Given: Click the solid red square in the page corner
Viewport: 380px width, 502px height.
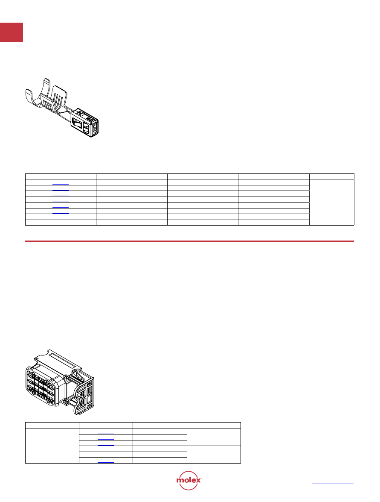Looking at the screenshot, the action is (x=12, y=32).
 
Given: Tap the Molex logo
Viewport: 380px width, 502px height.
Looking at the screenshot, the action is (x=189, y=480).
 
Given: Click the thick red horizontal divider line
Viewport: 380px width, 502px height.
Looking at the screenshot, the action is (x=189, y=241).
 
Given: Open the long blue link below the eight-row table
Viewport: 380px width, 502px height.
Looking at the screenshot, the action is (x=309, y=233).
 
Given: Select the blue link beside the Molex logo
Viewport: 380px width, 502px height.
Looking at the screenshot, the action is (x=333, y=483).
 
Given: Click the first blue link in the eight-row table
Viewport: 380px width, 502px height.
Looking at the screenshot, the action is (x=61, y=184).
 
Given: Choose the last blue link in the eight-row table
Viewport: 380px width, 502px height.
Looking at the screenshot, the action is (x=61, y=224).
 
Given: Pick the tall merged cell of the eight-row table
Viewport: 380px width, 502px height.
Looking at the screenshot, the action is (x=332, y=202).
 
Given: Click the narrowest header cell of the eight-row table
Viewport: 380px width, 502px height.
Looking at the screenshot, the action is (x=332, y=176).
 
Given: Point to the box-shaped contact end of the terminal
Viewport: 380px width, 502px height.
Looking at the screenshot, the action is (x=85, y=123).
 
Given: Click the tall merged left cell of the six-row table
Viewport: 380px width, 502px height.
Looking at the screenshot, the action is (x=52, y=446).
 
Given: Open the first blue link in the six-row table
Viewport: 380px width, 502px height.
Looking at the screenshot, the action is (x=106, y=434).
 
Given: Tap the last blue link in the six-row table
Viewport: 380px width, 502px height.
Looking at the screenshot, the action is (x=106, y=462).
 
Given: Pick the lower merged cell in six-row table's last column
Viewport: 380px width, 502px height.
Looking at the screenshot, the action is (x=214, y=454).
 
